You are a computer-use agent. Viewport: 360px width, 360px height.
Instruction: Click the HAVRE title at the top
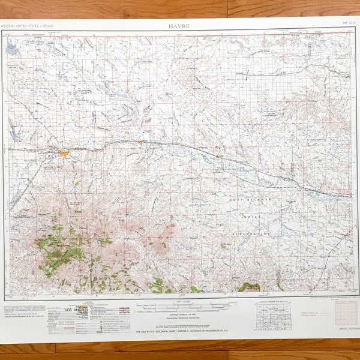click(180, 26)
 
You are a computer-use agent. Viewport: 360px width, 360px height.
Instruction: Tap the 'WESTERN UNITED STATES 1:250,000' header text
click(28, 26)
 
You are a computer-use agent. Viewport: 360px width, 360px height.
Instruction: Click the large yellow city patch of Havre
click(64, 154)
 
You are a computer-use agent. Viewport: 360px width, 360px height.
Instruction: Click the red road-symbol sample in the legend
click(124, 310)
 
